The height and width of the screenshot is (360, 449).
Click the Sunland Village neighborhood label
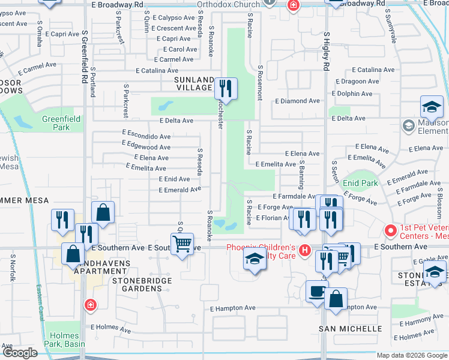(x=194, y=83)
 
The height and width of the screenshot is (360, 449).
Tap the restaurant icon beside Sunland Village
(x=226, y=89)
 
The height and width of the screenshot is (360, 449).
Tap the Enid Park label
(x=359, y=182)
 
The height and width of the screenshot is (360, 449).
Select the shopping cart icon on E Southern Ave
(x=182, y=244)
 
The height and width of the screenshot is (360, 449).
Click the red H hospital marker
(x=305, y=250)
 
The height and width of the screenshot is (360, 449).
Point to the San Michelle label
(x=350, y=329)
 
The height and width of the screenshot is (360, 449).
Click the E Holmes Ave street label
(x=110, y=329)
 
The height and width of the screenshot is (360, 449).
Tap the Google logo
(x=20, y=353)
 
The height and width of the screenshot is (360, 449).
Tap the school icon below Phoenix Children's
(x=255, y=260)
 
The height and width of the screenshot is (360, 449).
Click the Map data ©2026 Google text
(x=411, y=355)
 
